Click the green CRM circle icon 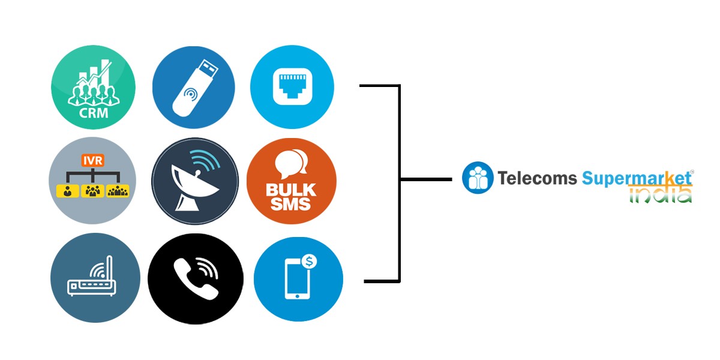coord(93,88)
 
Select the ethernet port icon coord(292,88)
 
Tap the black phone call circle coord(195,279)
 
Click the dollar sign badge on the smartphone coord(310,261)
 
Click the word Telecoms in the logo coord(537,178)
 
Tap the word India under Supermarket coord(660,194)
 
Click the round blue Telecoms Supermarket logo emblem coord(478,178)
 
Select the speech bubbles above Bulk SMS coord(292,163)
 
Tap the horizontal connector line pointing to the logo coord(426,179)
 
